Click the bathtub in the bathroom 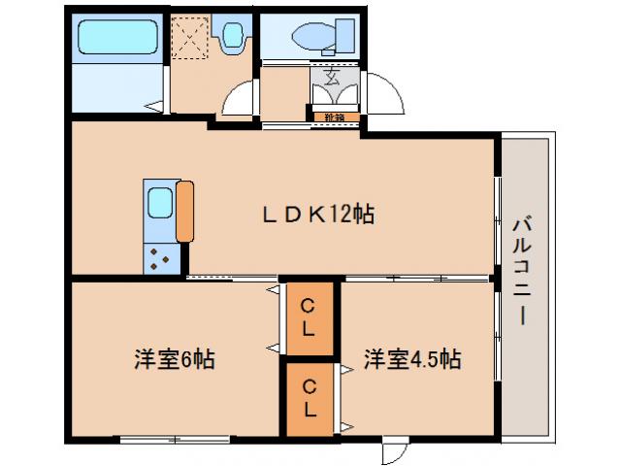pos(117,39)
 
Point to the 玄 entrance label pos(332,79)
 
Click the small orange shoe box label pos(335,118)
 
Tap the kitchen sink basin pos(158,204)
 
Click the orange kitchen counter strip pos(184,211)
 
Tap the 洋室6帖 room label pos(175,359)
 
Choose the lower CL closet pos(308,399)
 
